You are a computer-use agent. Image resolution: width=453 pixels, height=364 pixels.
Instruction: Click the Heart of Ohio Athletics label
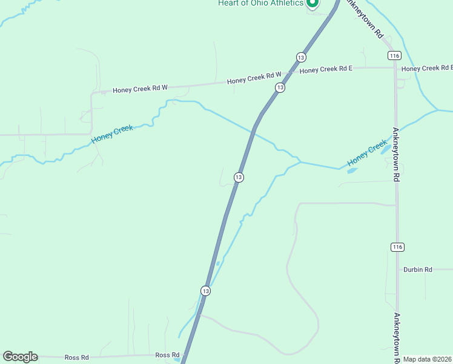pos(260,4)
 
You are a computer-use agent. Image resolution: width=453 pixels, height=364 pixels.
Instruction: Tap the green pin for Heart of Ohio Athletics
pos(312,4)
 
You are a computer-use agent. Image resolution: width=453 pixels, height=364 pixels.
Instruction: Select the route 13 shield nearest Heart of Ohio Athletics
pos(301,57)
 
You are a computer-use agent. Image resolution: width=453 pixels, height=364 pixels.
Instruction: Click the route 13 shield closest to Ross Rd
pos(206,291)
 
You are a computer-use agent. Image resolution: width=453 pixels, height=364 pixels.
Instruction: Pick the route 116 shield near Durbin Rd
pos(397,247)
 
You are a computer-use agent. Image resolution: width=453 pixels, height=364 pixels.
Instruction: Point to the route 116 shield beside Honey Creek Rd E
pos(395,55)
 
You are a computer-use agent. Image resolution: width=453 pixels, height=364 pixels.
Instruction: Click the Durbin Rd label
pos(418,269)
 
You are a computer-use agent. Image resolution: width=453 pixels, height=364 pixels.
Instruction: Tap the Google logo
pos(20,357)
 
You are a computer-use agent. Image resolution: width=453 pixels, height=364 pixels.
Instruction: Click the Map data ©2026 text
pos(428,359)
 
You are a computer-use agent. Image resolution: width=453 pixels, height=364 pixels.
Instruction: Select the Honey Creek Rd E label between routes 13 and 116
pos(326,70)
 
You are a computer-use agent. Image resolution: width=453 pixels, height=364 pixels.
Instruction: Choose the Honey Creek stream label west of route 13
pos(112,135)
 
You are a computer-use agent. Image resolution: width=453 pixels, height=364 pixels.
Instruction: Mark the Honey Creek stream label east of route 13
pos(367,154)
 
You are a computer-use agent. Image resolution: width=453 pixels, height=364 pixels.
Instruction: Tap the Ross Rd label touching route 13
pos(167,355)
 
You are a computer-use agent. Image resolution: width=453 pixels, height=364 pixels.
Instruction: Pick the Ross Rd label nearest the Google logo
pos(77,357)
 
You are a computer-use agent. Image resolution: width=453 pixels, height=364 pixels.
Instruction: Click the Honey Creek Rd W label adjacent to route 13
pos(254,78)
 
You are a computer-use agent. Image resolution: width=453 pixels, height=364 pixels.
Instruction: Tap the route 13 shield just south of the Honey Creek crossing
pos(239,177)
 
